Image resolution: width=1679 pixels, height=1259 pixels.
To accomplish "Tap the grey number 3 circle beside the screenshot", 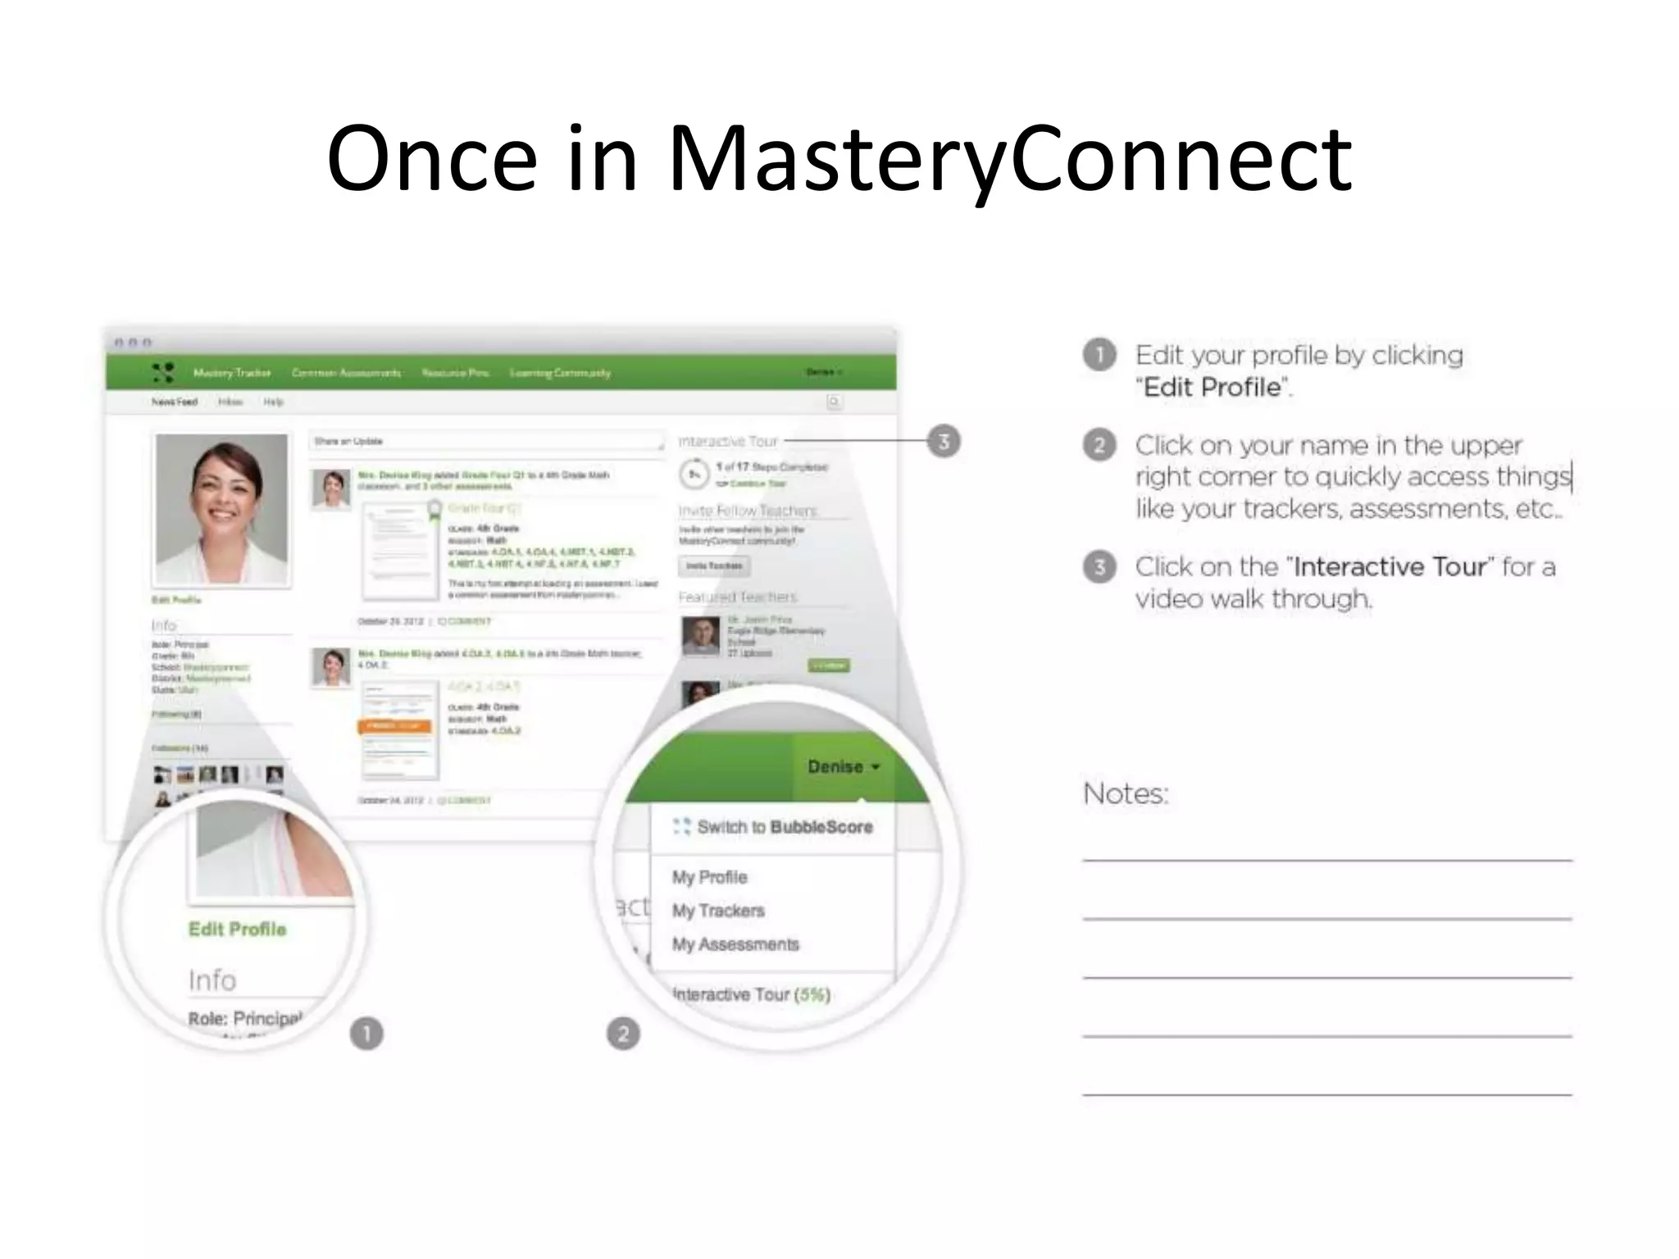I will click(x=944, y=442).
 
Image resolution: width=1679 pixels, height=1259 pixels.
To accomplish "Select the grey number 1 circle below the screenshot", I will click(x=366, y=1034).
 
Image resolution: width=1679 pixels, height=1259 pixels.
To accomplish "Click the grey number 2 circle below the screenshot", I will click(x=623, y=1034).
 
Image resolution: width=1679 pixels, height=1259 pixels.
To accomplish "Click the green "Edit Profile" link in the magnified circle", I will click(x=238, y=929).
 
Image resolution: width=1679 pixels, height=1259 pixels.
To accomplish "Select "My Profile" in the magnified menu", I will click(x=710, y=877).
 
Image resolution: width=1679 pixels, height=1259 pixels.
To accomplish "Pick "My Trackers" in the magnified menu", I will click(x=718, y=911).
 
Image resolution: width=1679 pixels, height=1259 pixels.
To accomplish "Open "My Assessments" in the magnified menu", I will click(x=735, y=944).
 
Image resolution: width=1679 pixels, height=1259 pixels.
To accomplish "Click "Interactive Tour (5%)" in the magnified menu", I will click(x=751, y=994).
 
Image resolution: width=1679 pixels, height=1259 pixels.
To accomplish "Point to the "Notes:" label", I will click(x=1126, y=793).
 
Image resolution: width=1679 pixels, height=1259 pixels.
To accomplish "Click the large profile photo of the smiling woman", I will click(x=222, y=508).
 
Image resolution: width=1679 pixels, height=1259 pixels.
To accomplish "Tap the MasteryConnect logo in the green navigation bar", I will click(x=163, y=373).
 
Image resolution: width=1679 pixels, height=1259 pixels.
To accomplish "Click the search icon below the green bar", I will click(x=834, y=402).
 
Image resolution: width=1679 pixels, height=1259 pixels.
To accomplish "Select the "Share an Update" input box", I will click(x=487, y=441).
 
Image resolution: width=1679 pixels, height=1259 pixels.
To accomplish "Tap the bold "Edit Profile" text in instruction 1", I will click(x=1213, y=387).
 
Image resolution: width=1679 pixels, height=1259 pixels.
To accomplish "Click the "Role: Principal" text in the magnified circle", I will click(x=244, y=1019).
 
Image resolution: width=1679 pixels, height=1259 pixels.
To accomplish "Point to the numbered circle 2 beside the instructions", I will click(x=1099, y=445).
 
